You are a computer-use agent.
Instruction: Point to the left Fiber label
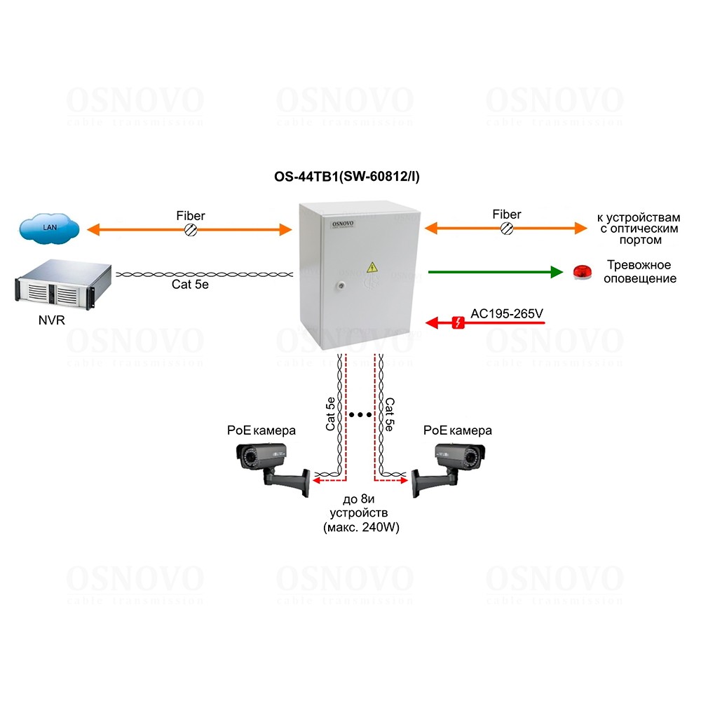(x=191, y=215)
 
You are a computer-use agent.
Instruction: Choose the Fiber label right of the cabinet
(x=506, y=214)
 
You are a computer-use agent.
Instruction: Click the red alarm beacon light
(x=581, y=272)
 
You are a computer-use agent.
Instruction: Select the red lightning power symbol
(x=458, y=322)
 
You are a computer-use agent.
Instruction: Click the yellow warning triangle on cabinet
(x=372, y=266)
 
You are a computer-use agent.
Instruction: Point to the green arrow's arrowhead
(x=557, y=272)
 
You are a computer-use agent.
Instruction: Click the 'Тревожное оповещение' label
(x=639, y=272)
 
